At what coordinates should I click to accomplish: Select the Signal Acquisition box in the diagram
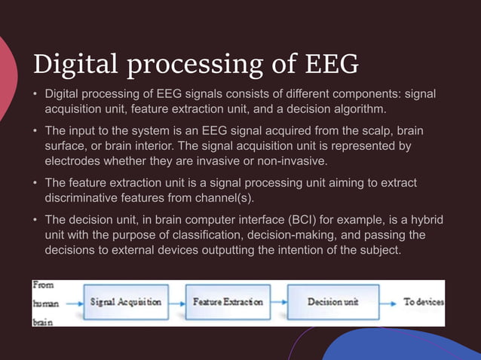(125, 302)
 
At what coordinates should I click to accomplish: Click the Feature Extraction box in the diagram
(228, 302)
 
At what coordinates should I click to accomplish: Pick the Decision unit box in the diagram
(333, 302)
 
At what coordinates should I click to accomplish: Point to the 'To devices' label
(423, 302)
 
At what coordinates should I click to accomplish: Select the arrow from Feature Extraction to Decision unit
(280, 302)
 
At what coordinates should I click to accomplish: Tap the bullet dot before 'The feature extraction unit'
(35, 183)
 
